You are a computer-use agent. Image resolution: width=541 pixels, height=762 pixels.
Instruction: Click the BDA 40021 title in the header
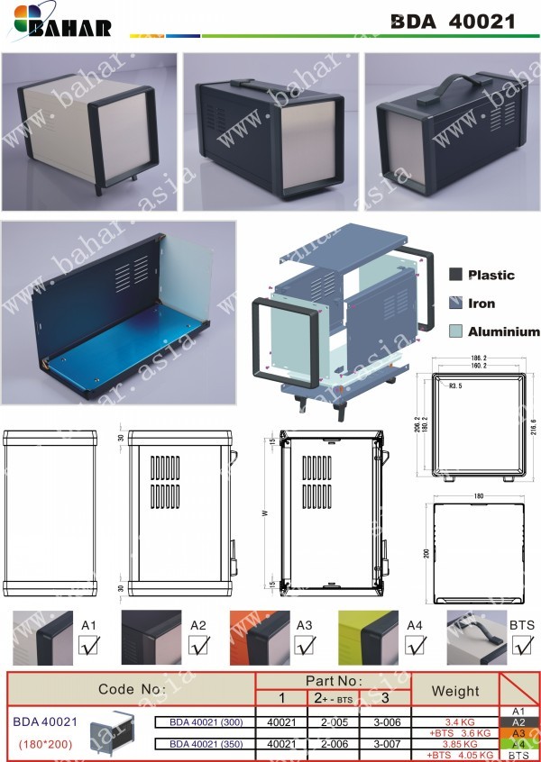point(453,22)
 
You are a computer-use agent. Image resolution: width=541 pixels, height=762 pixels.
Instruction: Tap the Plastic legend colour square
point(456,275)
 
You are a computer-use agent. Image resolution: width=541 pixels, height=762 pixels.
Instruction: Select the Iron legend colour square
point(456,304)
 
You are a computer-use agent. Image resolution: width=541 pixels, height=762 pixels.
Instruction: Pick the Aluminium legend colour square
point(456,331)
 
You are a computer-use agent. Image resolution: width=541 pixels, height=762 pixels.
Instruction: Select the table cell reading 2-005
point(335,721)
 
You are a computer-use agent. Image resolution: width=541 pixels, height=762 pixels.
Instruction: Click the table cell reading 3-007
point(385,743)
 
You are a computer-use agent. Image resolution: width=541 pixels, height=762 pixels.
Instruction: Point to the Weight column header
point(455,691)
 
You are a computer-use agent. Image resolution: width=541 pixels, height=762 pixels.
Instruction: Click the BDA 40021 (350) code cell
point(205,743)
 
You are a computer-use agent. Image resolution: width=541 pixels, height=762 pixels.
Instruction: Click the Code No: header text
point(131,689)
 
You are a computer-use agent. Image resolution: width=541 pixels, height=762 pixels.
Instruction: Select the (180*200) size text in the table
point(44,745)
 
